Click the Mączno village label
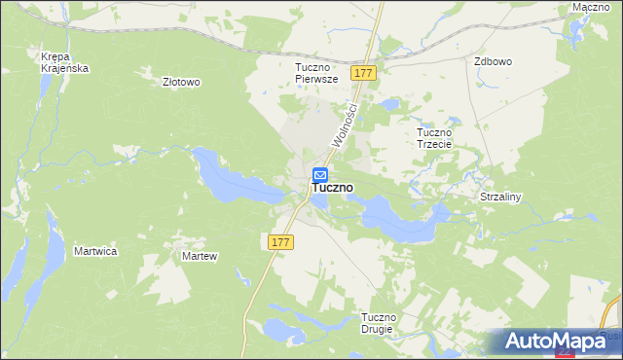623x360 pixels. coord(591,7)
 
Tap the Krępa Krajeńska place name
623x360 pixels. coord(65,61)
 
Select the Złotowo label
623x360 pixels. coord(181,83)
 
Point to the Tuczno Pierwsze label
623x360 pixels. coord(315,73)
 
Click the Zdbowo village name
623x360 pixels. coord(493,60)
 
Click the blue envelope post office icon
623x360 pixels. coord(320,175)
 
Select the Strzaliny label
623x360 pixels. coord(501,197)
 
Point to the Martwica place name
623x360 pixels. coord(95,251)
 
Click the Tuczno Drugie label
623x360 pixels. coord(378,323)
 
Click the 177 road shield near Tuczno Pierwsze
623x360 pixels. coord(365,74)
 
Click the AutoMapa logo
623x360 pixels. coord(555,341)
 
